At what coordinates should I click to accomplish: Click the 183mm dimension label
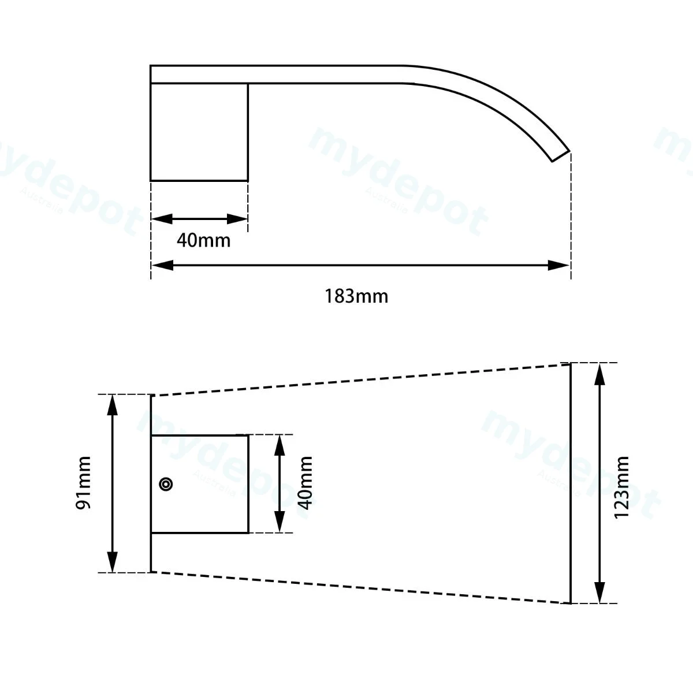pos(356,297)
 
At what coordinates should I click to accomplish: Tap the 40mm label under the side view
pos(203,241)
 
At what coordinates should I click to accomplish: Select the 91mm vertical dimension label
pos(83,483)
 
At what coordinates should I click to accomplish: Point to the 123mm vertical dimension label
pos(621,487)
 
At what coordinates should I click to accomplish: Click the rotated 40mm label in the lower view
pos(305,483)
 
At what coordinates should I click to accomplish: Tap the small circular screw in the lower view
pos(166,484)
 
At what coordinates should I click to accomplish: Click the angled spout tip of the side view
pos(561,157)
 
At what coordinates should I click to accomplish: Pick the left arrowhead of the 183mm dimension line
pos(162,266)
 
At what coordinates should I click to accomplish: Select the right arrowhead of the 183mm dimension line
pos(558,266)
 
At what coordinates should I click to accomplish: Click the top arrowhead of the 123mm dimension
pos(599,374)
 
